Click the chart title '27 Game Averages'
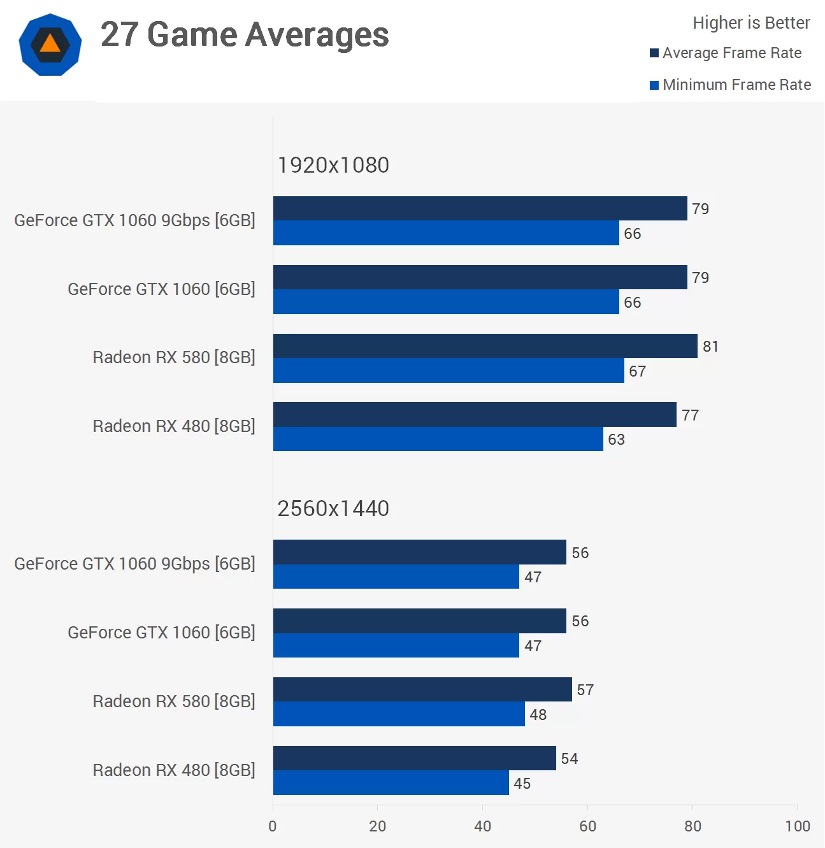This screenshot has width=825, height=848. (245, 34)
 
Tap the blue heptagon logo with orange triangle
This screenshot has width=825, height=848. (50, 45)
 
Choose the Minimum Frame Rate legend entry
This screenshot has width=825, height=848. (730, 85)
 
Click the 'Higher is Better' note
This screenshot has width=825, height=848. (751, 23)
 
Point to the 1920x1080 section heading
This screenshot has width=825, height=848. (333, 165)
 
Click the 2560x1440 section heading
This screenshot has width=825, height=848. (333, 508)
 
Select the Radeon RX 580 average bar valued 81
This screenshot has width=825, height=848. (485, 346)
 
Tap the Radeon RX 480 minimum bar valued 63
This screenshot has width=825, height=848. (438, 439)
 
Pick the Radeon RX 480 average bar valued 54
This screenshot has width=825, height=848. (414, 758)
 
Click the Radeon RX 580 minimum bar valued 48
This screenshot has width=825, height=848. (399, 714)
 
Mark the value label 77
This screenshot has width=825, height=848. (690, 415)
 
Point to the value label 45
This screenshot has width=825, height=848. (522, 784)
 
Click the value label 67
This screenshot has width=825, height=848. (637, 371)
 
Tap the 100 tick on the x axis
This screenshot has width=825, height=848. (798, 826)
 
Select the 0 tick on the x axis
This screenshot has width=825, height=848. (273, 826)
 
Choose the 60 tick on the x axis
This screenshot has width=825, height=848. (587, 826)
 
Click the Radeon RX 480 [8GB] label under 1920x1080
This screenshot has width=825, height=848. (174, 426)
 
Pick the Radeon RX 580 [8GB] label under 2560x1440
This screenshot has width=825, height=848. (174, 701)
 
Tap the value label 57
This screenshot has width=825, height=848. (585, 690)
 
